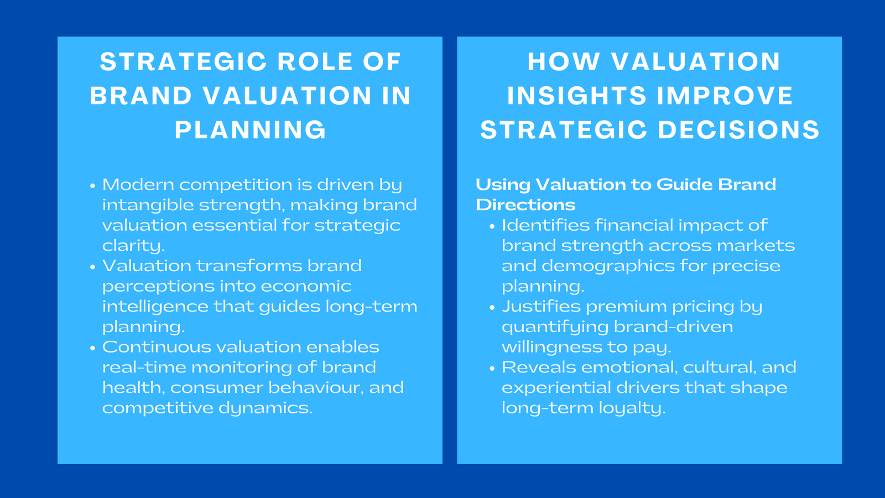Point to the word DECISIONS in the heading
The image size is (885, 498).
(x=739, y=130)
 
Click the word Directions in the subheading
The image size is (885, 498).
(x=525, y=205)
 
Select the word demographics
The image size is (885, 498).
(x=608, y=266)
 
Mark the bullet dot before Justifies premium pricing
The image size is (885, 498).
(x=492, y=308)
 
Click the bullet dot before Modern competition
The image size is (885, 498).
(x=93, y=186)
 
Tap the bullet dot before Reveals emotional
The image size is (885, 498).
(x=492, y=369)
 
